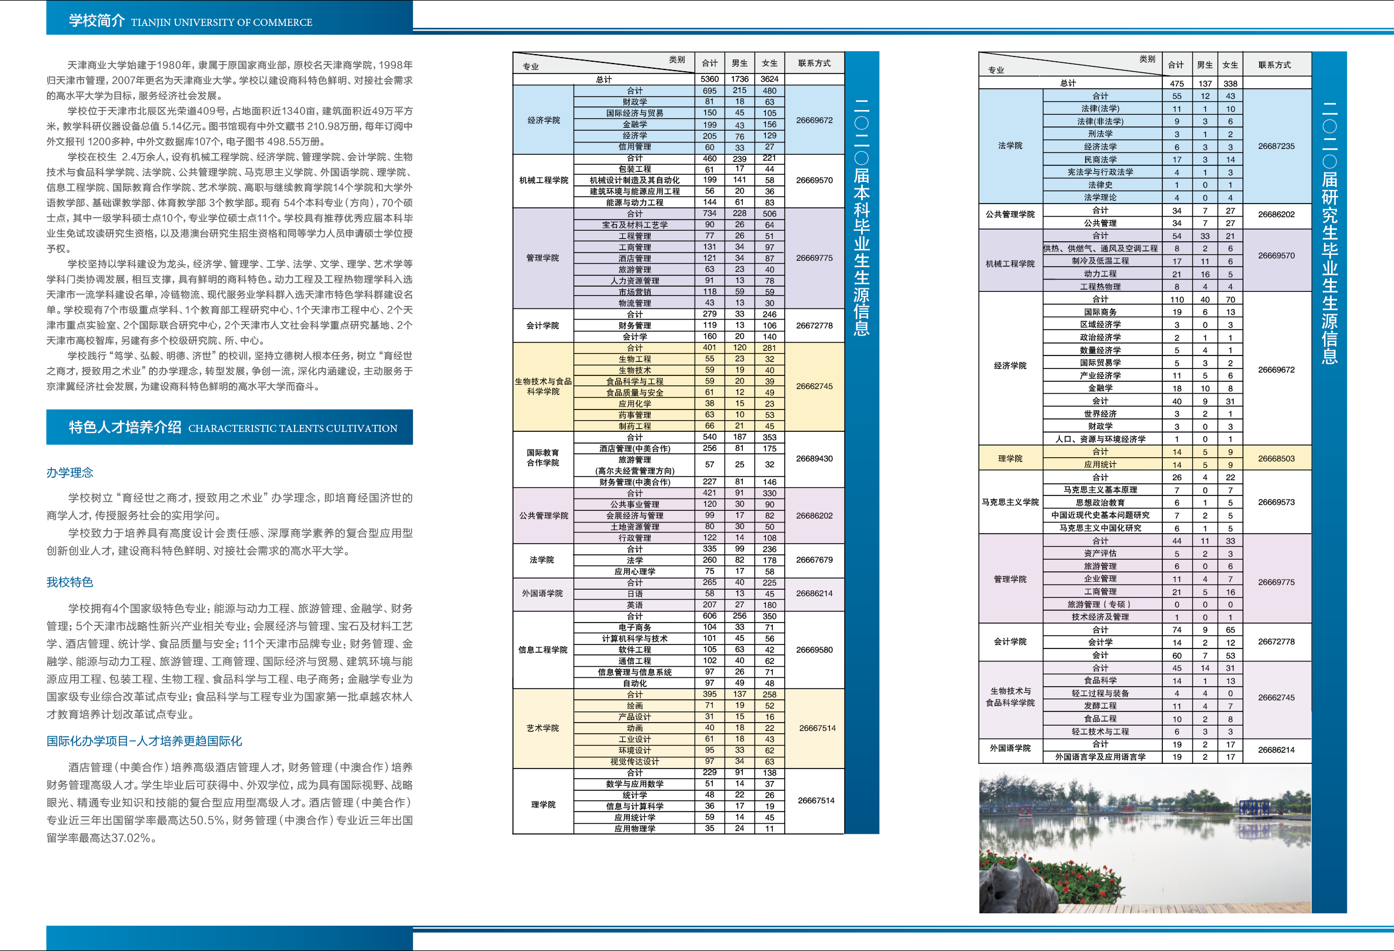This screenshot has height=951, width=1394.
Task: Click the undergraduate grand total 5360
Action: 709,79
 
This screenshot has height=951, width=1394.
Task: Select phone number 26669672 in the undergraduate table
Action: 814,120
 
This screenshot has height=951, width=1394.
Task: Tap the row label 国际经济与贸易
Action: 634,113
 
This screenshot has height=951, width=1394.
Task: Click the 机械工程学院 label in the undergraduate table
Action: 543,180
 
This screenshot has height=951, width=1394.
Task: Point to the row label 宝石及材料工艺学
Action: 634,225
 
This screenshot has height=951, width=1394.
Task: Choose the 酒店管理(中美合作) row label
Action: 634,448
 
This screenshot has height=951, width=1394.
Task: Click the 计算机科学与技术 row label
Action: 634,639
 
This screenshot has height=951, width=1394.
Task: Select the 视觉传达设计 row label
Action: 634,762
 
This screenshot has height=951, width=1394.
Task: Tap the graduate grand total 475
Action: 1176,84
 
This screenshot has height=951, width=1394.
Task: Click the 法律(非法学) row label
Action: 1099,121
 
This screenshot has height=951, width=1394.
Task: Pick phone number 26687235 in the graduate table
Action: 1276,146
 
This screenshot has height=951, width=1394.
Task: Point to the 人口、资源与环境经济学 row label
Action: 1099,438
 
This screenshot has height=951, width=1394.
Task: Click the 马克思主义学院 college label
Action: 1010,501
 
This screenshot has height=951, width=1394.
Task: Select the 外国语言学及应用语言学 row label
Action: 1099,757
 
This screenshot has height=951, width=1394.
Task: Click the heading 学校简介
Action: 96,21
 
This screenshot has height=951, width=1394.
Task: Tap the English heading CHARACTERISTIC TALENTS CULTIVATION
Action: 292,428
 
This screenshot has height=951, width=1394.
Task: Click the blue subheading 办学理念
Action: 69,473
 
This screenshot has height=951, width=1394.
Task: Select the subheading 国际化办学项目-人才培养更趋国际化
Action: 144,741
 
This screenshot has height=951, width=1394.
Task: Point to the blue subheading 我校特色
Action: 69,582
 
